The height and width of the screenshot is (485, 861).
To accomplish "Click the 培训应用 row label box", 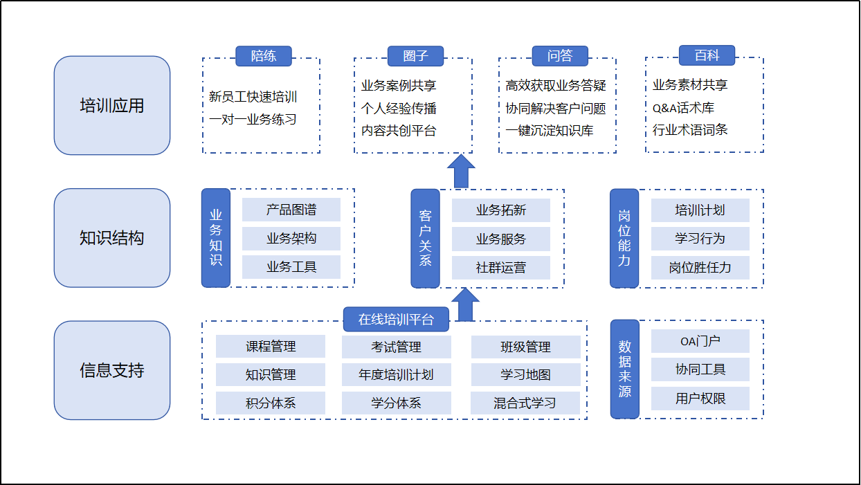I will (x=112, y=105).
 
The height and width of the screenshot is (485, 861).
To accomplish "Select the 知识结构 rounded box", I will (x=112, y=238).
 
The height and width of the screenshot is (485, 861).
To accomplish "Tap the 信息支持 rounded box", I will (x=112, y=370).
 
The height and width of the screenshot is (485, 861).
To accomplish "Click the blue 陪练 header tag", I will (x=263, y=56).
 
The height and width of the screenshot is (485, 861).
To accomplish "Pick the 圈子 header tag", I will (x=415, y=56).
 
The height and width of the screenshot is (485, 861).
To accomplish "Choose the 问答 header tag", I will (x=559, y=56).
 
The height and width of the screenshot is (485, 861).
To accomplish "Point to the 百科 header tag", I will (x=706, y=55).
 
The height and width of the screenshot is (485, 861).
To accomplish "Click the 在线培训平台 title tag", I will (x=396, y=320).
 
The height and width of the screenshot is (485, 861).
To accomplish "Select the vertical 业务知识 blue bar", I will (x=215, y=238).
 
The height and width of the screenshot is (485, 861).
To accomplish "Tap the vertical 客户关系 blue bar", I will (x=425, y=238).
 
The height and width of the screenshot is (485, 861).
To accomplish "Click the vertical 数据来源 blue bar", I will (x=624, y=369).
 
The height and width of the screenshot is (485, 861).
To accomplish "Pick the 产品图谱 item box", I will (x=291, y=210).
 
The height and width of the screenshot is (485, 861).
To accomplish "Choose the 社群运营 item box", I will (x=501, y=267).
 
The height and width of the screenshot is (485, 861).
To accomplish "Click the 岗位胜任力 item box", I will (x=700, y=267).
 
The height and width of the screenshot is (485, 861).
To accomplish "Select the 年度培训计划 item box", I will (x=396, y=374).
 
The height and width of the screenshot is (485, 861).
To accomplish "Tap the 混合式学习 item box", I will (x=525, y=403).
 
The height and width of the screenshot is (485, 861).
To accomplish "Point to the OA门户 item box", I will (x=700, y=341).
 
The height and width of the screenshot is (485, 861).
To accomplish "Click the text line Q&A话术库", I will (x=683, y=107).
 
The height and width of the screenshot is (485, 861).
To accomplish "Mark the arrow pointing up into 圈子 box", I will (x=461, y=171).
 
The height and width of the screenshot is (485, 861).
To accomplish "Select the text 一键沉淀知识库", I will (x=550, y=130).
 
